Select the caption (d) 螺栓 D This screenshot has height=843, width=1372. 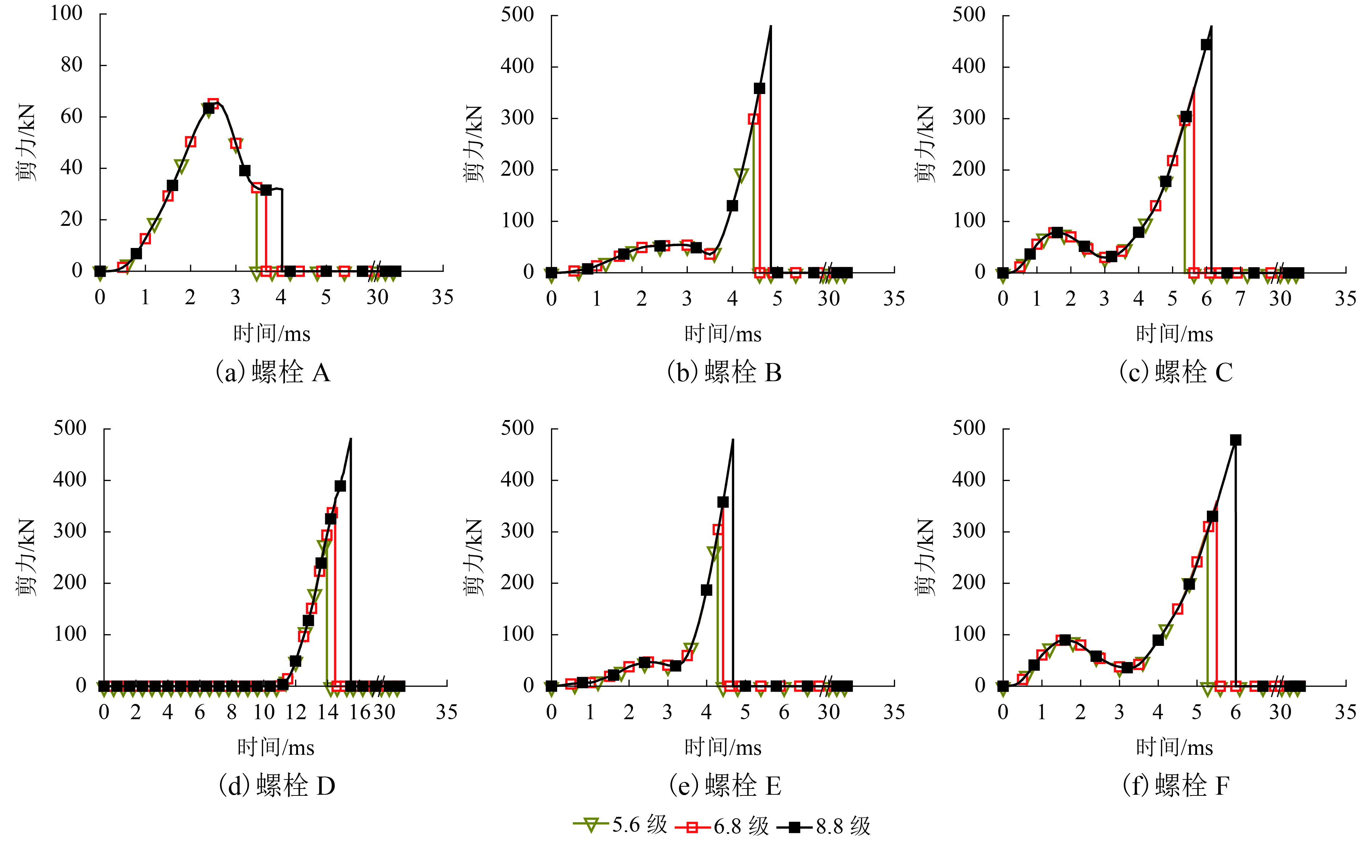(x=277, y=786)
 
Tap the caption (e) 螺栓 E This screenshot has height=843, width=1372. (x=725, y=786)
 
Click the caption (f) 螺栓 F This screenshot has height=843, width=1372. (x=1176, y=786)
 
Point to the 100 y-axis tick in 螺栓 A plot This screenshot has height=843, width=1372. (x=66, y=13)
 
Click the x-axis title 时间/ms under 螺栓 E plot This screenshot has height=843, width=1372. (x=723, y=748)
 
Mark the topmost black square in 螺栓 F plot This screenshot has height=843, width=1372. (x=1236, y=440)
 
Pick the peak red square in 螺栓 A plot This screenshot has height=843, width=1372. (x=213, y=104)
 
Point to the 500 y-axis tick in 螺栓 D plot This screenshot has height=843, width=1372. (x=70, y=428)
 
